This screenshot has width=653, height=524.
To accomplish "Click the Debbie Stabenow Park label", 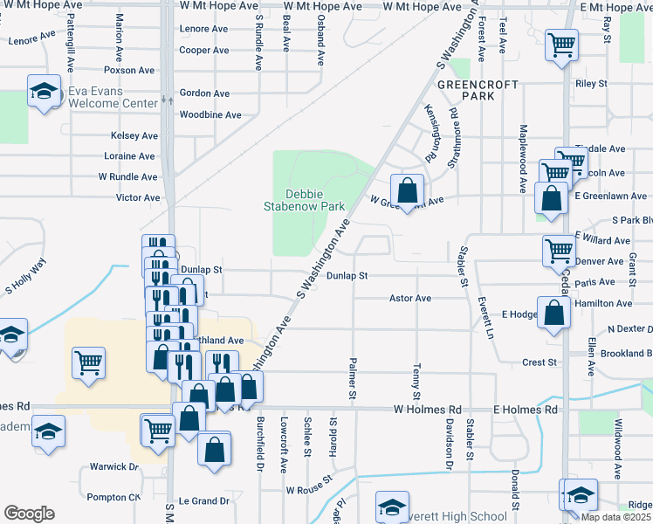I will pos(305,200).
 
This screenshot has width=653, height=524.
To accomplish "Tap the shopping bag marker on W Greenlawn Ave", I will pos(407,190).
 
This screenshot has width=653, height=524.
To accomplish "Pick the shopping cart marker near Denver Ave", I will pos(558,252).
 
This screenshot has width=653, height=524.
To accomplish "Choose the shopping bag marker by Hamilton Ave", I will pos(553,313).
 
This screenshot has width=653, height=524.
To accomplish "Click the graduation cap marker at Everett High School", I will pos(392,507).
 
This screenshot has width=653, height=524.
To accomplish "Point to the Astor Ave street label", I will pos(410,299).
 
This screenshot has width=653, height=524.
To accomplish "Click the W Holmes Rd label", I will pos(427,409).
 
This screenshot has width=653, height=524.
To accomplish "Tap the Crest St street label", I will pos(540,362).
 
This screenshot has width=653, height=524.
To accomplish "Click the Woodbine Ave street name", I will pos(204,115).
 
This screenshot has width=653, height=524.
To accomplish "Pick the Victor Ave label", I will pos(138,197).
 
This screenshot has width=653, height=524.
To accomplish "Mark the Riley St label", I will pos(591,84).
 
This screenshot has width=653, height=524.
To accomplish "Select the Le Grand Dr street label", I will pos(203,501).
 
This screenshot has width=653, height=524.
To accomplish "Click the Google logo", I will pos(29,514).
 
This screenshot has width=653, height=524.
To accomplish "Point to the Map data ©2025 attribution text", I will pos(616,517).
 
